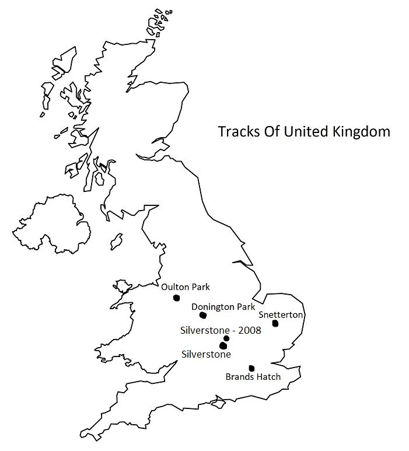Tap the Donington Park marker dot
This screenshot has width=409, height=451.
click(203, 316)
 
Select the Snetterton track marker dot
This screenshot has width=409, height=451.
click(275, 323)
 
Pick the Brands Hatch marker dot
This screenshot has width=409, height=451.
click(251, 368)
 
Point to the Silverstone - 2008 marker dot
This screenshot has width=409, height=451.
click(226, 338)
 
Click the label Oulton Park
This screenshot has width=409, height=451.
click(185, 286)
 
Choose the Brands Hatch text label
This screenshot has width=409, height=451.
click(253, 377)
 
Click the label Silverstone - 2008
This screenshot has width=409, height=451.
click(221, 330)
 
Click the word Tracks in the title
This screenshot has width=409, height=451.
click(235, 131)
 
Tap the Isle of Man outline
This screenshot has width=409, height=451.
click(117, 240)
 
